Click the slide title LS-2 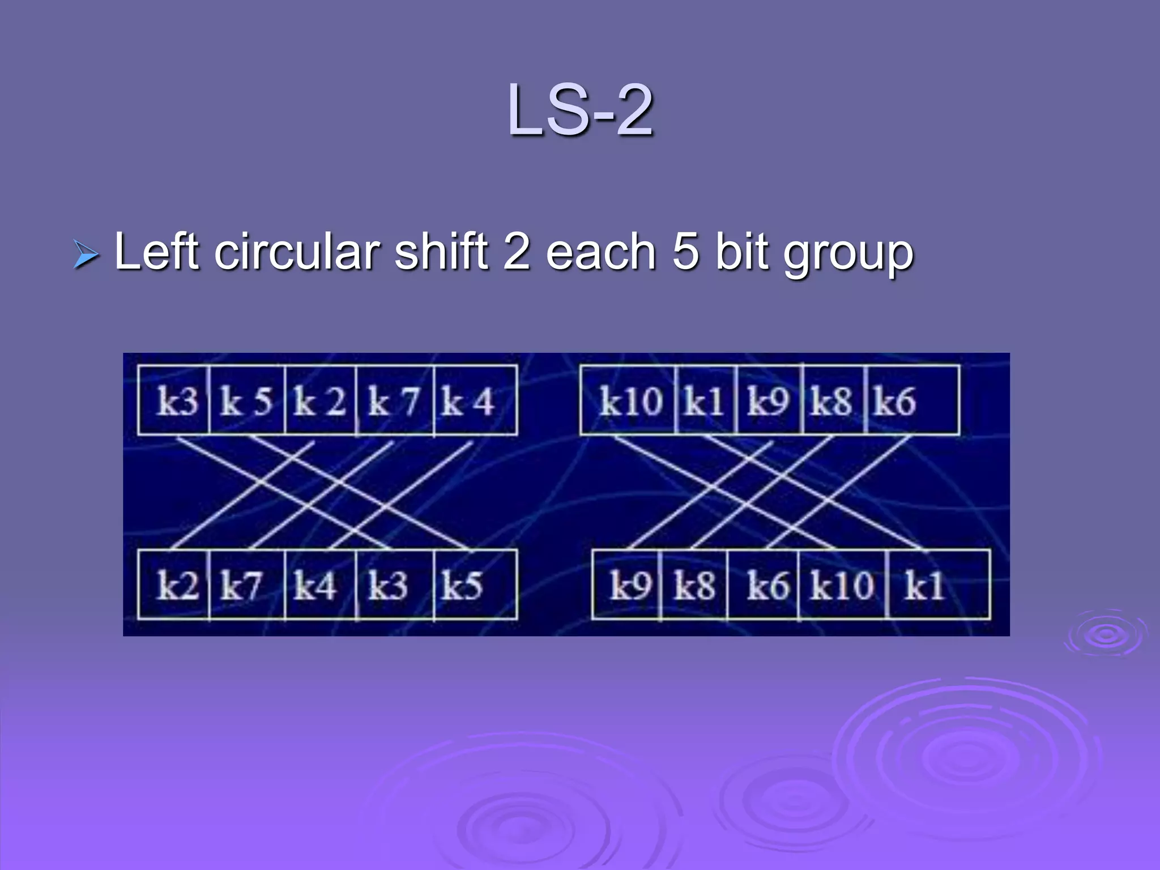point(580,110)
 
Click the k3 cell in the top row point(175,401)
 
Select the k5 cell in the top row point(247,401)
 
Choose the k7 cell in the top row point(395,401)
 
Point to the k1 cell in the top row point(705,401)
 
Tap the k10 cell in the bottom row point(842,585)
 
